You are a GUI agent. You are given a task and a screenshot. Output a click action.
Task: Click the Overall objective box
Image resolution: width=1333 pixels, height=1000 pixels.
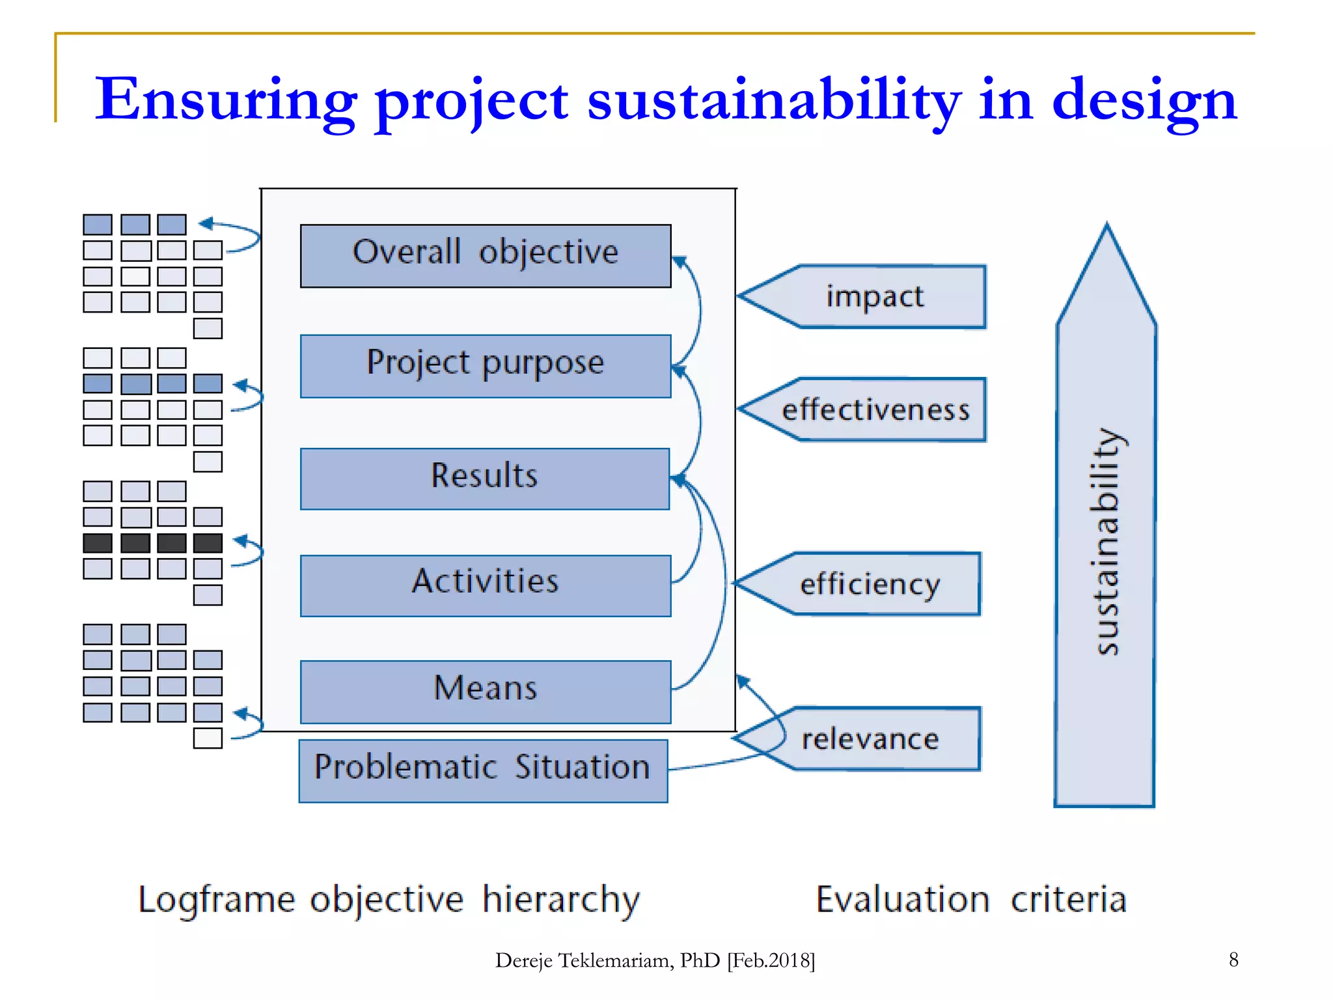coord(486,255)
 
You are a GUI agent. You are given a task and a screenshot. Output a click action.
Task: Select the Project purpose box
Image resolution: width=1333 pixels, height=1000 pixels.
coord(486,365)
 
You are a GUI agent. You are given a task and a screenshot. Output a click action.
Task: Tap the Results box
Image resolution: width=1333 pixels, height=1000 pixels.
coord(485,478)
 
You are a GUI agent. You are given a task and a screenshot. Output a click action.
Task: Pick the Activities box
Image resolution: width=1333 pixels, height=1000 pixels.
coord(486,585)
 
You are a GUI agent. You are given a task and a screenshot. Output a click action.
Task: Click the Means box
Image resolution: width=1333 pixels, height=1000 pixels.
coord(486,691)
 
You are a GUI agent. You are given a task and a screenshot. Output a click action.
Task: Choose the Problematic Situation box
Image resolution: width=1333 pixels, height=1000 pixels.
coord(483,770)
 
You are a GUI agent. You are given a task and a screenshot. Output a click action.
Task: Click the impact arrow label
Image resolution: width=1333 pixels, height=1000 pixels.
coord(874,296)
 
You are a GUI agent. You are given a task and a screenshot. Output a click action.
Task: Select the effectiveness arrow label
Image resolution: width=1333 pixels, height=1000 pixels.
coord(875,410)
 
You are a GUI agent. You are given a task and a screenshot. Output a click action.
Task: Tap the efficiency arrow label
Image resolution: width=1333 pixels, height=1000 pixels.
coord(870,583)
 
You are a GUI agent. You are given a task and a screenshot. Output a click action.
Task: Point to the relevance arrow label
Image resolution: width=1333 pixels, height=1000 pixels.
coord(870,738)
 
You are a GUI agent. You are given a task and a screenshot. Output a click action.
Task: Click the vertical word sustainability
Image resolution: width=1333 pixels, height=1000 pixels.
coord(1106,540)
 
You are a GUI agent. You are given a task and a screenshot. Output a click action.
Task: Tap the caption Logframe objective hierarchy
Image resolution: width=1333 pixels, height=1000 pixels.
coord(389,900)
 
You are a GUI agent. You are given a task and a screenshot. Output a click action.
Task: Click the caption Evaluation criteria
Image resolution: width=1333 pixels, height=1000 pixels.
coord(970,900)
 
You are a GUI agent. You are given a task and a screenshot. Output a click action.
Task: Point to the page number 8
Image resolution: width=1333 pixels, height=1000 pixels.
coord(1233,959)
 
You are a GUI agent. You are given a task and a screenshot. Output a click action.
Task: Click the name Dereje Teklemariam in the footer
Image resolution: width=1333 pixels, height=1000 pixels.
coord(584,960)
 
